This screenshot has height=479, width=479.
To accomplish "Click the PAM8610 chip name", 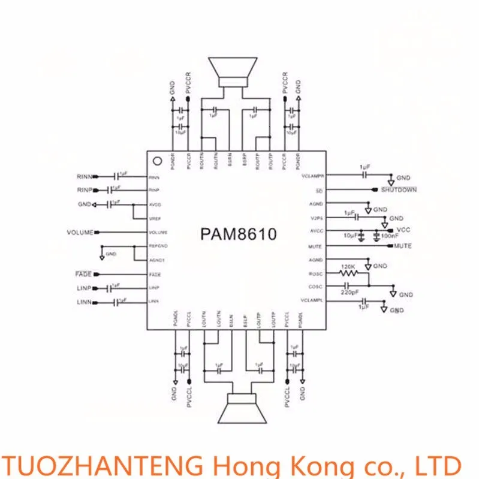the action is [x=239, y=234].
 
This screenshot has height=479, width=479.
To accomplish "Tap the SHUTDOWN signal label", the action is [x=397, y=190].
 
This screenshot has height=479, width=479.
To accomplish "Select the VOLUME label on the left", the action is [x=80, y=232].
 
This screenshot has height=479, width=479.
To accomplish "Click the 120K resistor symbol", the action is [x=348, y=273].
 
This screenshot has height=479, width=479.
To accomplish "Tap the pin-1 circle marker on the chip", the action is [x=157, y=161].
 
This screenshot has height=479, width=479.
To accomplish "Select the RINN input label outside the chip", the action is [x=84, y=177].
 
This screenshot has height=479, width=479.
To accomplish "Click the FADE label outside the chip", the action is [x=84, y=274].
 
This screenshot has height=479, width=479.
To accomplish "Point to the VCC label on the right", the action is [x=403, y=230].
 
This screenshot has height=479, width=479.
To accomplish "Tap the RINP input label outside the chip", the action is [x=84, y=191].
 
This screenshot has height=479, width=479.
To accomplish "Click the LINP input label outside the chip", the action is [x=84, y=288].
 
